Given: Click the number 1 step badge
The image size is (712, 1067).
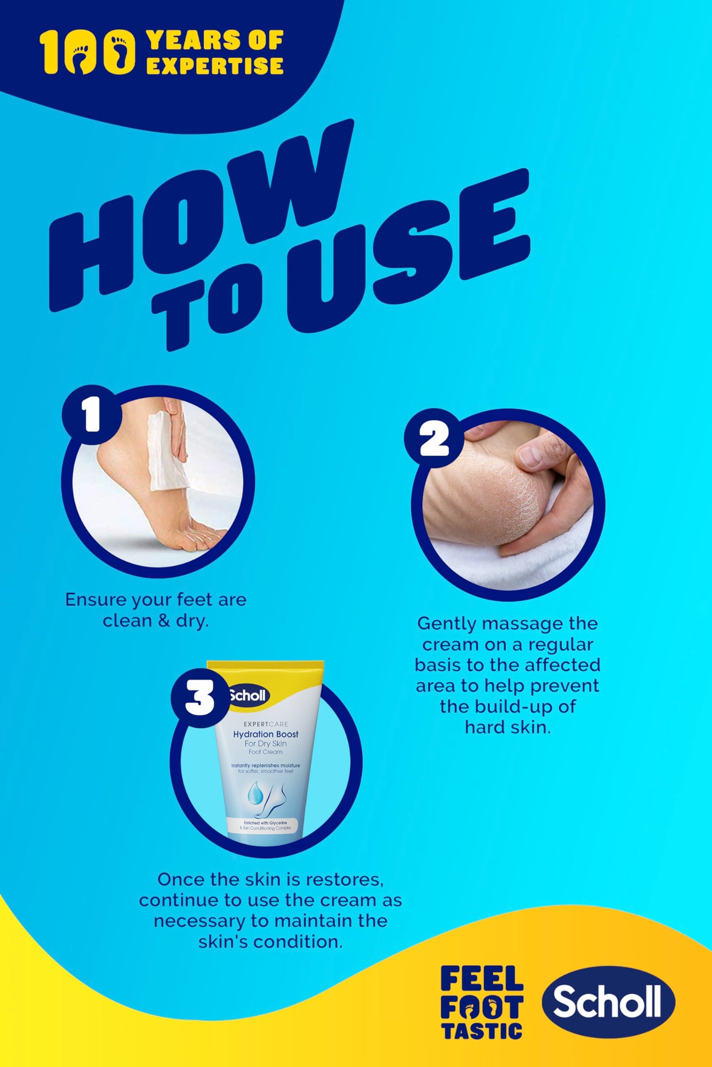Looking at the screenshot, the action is pos(92,415).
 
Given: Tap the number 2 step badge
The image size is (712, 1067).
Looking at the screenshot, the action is pos(434,438).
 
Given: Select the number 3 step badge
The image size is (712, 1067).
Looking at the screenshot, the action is pos(200,698).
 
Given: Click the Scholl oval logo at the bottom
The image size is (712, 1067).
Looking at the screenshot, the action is pos(609,1002).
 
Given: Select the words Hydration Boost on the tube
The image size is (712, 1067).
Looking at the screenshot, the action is pos(266,734).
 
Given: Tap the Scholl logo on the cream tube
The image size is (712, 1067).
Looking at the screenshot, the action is pos(249,695).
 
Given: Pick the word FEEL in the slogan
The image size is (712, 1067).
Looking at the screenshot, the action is pos(482,978).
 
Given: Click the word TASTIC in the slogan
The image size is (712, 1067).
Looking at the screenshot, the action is pos(482,1030).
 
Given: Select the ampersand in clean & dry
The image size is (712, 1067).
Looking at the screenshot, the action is pos(164,621).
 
